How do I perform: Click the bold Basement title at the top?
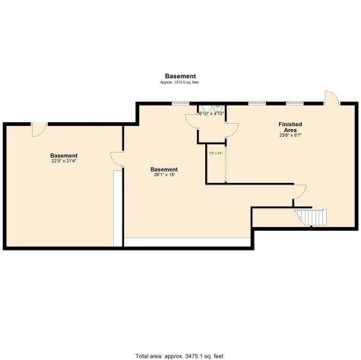tap(180, 76)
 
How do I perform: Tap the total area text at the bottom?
tap(180, 355)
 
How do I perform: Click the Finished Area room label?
tap(290, 126)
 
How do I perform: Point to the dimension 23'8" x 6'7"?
tap(290, 135)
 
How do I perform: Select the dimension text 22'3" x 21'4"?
tap(64, 161)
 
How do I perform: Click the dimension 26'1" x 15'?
tap(164, 175)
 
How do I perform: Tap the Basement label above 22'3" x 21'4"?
tap(64, 155)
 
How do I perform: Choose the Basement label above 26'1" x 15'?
tap(164, 169)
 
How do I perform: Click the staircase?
tap(312, 218)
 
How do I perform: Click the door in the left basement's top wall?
tap(37, 130)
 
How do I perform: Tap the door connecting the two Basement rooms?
tap(116, 159)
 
